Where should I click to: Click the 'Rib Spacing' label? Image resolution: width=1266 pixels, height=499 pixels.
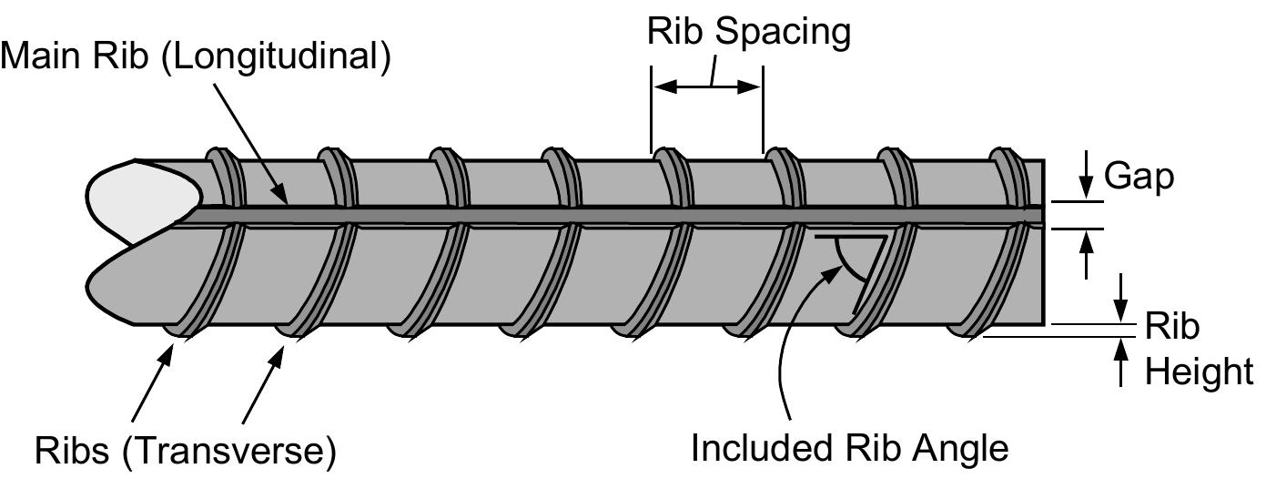point(748,31)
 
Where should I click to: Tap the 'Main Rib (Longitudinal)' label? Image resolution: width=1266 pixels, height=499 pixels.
point(196,56)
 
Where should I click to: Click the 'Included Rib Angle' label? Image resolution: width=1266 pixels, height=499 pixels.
point(850,448)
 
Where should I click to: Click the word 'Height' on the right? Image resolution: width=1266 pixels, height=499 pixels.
point(1199,372)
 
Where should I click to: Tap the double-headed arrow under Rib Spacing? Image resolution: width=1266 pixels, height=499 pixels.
point(706,87)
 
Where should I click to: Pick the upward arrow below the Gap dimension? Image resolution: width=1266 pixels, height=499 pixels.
point(1085,252)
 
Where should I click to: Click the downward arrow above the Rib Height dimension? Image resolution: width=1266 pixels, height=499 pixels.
point(1121,296)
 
